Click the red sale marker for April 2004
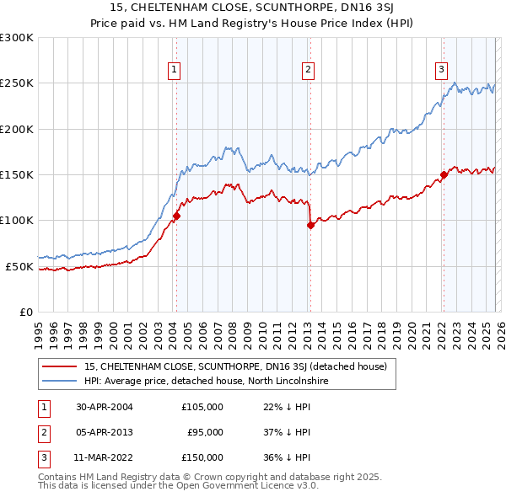click(176, 216)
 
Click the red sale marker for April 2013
click(310, 225)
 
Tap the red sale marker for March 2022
click(443, 175)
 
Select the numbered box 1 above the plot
click(174, 70)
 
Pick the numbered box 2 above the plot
click(309, 70)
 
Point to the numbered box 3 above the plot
click(441, 70)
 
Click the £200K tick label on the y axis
click(17, 129)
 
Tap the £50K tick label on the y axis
click(19, 266)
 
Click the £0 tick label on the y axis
click(25, 312)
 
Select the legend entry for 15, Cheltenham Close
click(235, 366)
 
